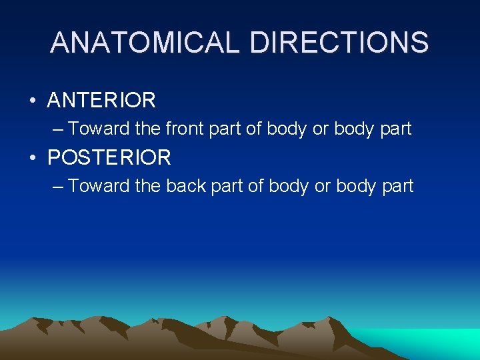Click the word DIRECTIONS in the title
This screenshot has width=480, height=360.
(339, 43)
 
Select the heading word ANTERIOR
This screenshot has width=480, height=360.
(101, 101)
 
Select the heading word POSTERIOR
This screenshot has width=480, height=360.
(109, 158)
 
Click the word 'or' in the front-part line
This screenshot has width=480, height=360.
(321, 129)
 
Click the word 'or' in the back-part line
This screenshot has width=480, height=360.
(323, 186)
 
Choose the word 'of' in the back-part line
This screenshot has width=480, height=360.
(256, 185)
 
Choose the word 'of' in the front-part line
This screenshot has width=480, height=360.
(254, 128)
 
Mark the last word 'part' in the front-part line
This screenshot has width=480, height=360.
(395, 129)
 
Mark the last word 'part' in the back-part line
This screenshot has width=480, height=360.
(397, 186)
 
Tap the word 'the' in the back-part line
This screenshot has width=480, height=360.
(147, 185)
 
